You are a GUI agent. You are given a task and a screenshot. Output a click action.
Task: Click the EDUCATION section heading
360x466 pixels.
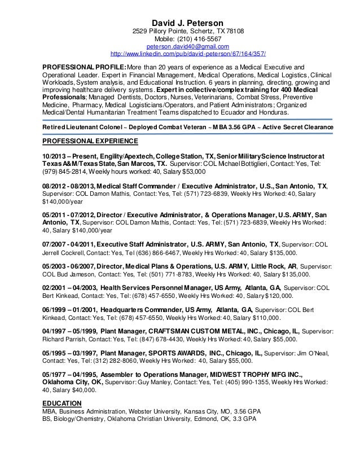(x=62, y=403)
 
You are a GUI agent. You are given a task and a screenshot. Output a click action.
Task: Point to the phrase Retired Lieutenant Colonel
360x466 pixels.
(x=87, y=128)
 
